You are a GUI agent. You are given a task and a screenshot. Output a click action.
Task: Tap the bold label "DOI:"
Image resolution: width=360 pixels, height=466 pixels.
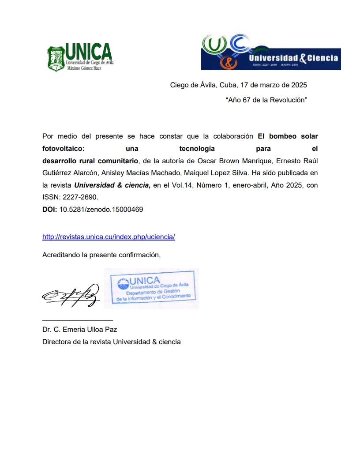pyautogui.click(x=49, y=210)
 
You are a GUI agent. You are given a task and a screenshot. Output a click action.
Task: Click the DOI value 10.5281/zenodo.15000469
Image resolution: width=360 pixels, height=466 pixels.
pyautogui.click(x=101, y=210)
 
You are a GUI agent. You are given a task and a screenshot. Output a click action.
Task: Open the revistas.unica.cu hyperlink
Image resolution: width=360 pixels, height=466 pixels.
pyautogui.click(x=109, y=237)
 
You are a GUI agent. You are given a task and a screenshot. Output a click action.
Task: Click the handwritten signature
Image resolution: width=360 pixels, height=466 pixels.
pyautogui.click(x=71, y=294)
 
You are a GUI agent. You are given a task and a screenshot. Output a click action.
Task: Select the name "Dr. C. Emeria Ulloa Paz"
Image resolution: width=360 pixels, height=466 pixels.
pyautogui.click(x=79, y=330)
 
